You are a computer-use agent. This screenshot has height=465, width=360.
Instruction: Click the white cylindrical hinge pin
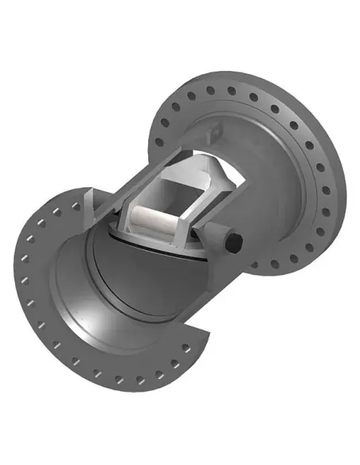click(151, 218)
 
